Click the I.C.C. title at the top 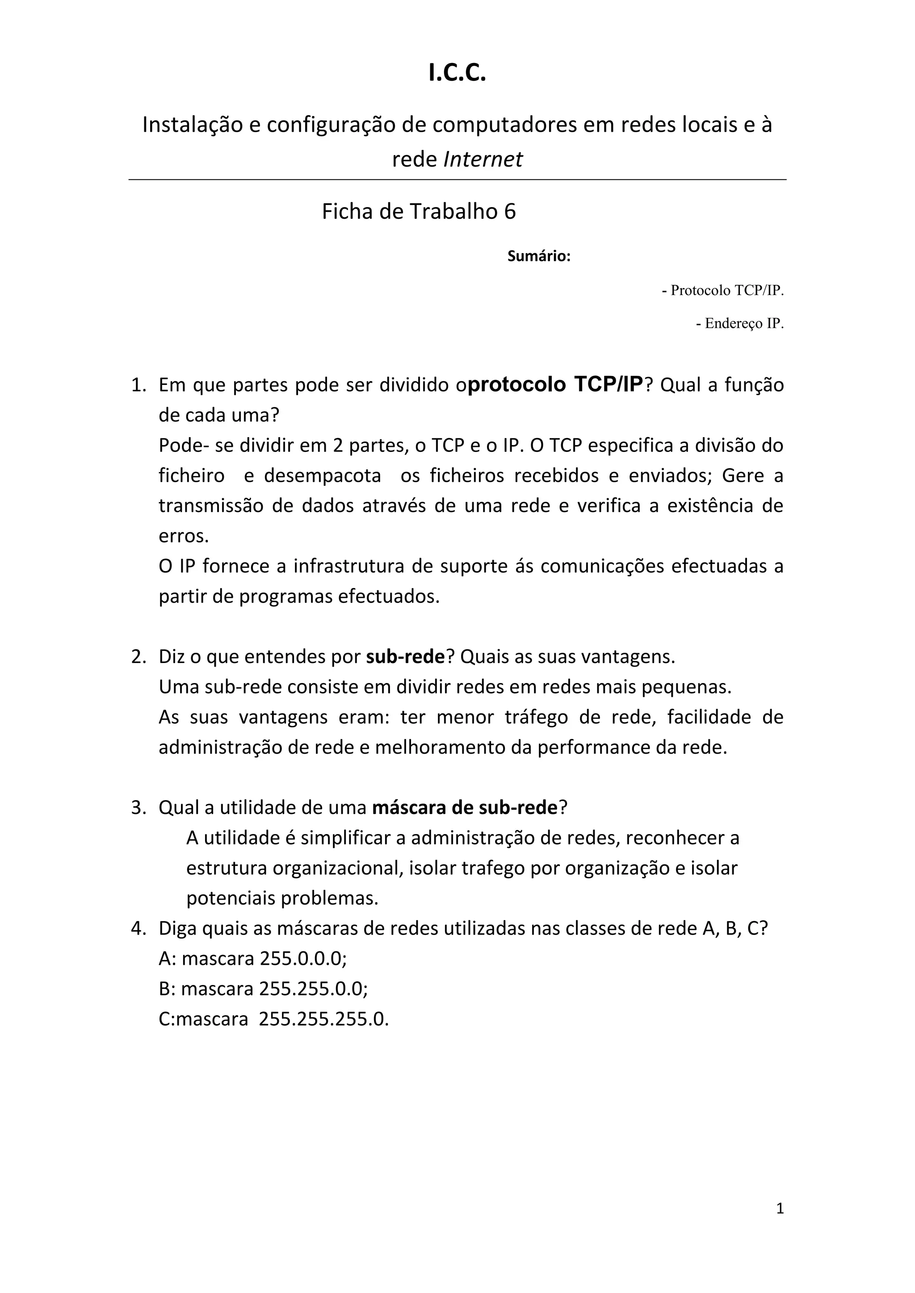tap(457, 74)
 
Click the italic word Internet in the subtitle tap(483, 159)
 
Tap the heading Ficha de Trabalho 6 tap(419, 211)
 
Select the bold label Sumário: tap(539, 256)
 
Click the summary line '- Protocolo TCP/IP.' tap(723, 291)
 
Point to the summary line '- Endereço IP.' tap(740, 324)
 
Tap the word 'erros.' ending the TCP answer tap(184, 536)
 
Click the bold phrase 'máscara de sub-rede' tap(465, 808)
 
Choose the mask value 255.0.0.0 tap(302, 959)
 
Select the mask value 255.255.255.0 tap(323, 1019)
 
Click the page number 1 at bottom tap(780, 1208)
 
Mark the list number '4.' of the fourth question tap(139, 928)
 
